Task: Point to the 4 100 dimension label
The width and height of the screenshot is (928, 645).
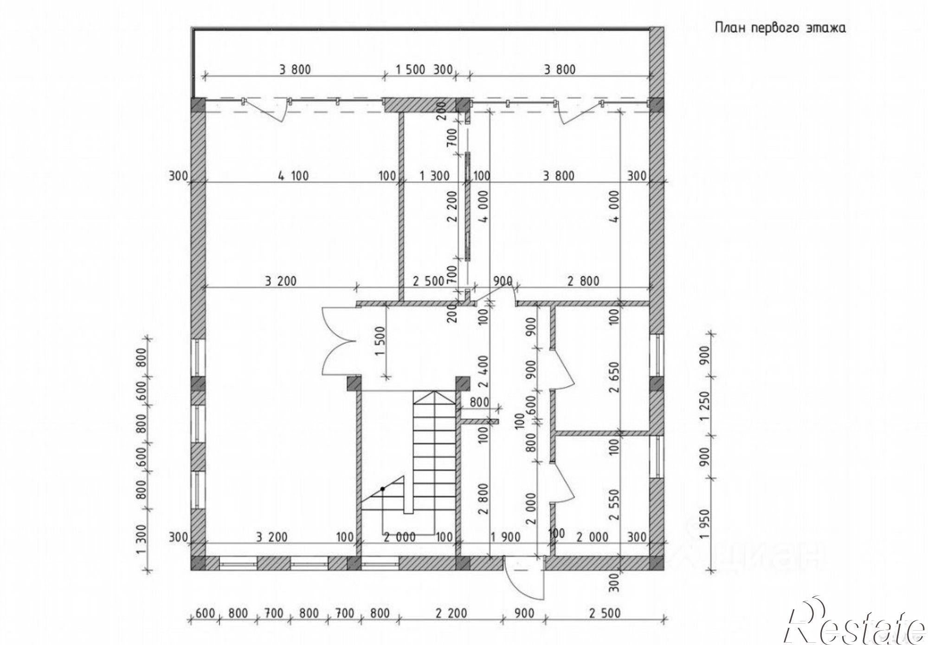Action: [293, 176]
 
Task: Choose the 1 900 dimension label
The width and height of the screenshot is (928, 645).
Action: [506, 537]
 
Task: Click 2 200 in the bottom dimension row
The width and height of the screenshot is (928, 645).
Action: [451, 613]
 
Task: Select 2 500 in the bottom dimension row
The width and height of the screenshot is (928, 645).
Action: [605, 613]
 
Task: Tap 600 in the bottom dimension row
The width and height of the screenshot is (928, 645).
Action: [206, 613]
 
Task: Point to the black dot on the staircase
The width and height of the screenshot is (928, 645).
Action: [383, 489]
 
